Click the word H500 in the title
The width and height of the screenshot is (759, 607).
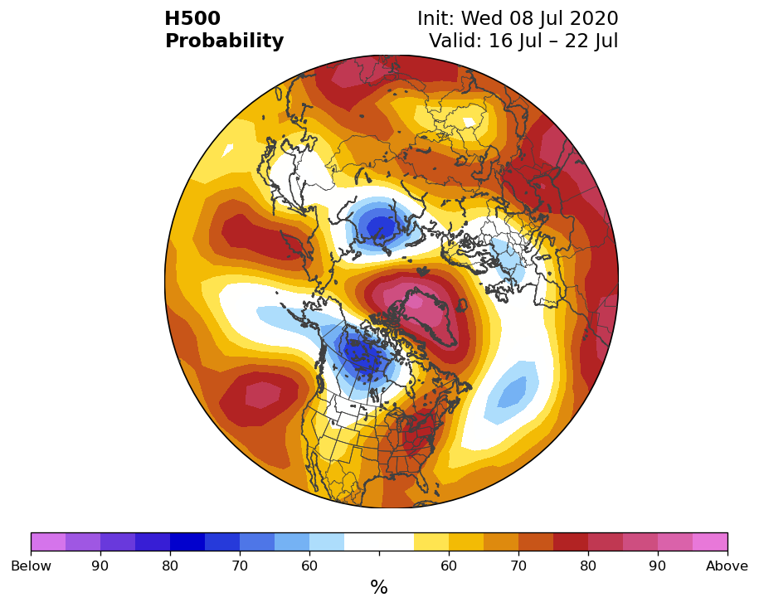(192, 18)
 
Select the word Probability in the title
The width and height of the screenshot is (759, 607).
(224, 41)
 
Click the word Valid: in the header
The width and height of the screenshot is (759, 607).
(455, 41)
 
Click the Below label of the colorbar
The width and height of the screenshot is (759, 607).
(31, 566)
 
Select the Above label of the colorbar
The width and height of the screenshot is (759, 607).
(727, 566)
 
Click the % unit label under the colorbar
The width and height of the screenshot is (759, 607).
(379, 587)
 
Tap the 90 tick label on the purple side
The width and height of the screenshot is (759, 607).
(100, 566)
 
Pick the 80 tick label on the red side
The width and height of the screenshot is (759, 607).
(588, 566)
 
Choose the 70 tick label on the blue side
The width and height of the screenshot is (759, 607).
(240, 566)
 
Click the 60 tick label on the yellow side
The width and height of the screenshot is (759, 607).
(449, 566)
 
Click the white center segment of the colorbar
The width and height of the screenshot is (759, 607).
(379, 541)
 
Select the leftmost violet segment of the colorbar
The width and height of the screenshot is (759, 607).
(48, 541)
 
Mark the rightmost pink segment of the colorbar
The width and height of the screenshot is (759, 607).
(710, 541)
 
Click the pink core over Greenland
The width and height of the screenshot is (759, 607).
(421, 304)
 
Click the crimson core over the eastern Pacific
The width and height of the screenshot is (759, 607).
(263, 394)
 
